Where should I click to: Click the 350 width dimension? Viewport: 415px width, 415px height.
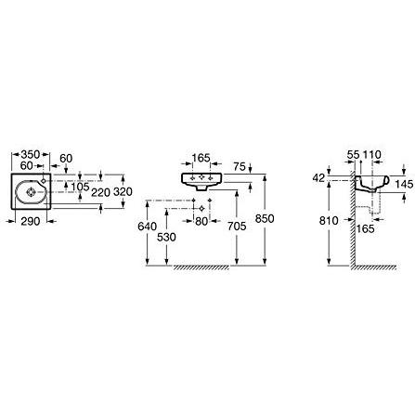tap(30, 154)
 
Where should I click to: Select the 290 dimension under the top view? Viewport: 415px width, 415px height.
tap(31, 221)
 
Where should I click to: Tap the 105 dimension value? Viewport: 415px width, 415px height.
tap(80, 187)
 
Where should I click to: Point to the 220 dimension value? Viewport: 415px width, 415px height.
tap(101, 192)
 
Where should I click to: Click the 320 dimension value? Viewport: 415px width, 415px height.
tap(123, 192)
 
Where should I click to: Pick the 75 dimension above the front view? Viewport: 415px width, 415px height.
tap(240, 167)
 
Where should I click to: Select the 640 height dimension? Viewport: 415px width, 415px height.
tap(147, 227)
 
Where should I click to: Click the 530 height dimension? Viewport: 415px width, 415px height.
tap(166, 238)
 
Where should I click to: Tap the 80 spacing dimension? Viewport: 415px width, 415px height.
tap(201, 221)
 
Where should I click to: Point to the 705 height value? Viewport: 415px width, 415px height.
tap(237, 227)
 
